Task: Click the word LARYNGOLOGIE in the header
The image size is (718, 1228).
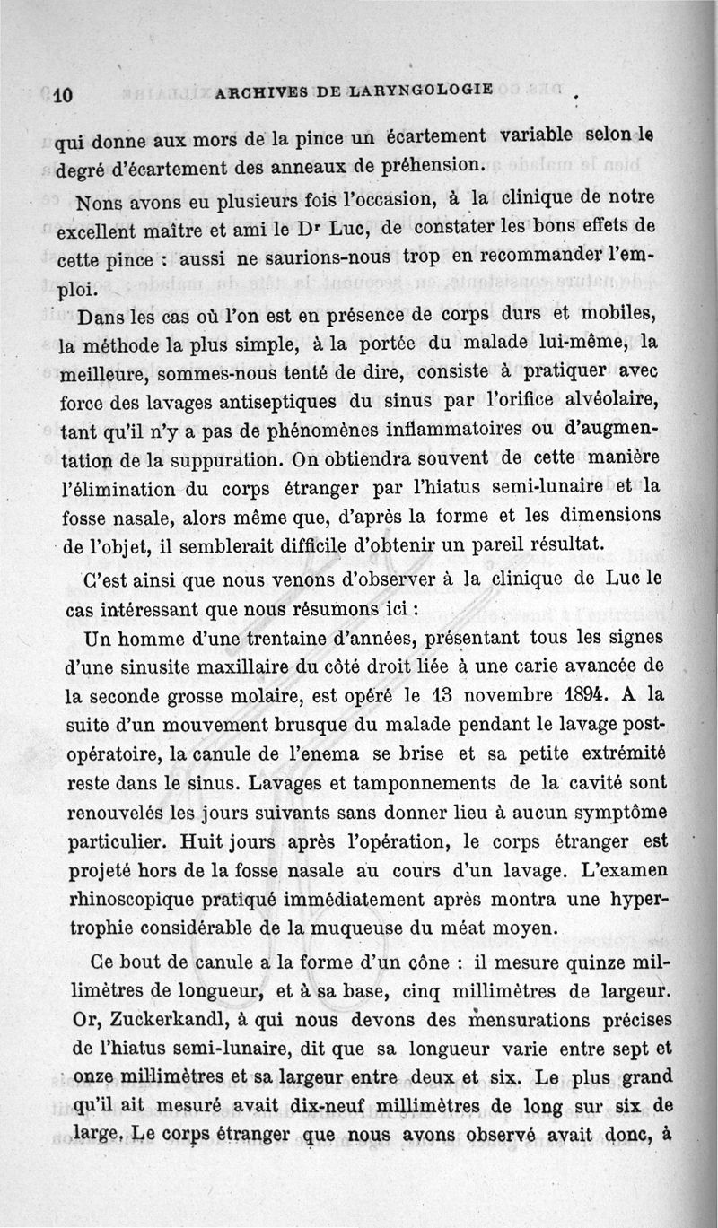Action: click(x=419, y=90)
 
